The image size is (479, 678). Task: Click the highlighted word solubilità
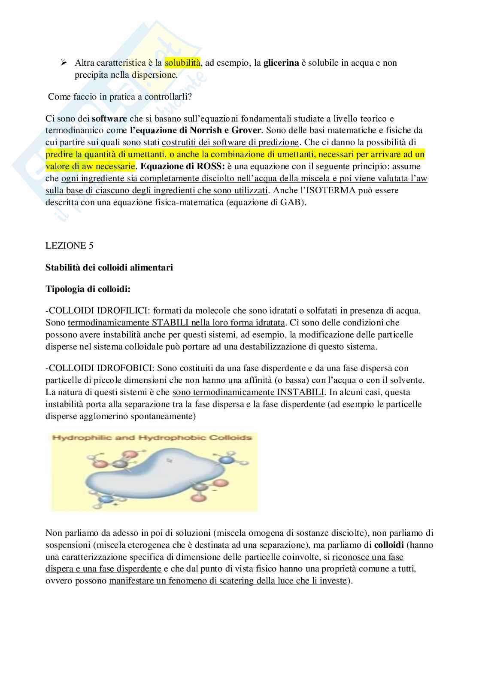pos(182,63)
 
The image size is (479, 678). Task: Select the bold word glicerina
pos(281,63)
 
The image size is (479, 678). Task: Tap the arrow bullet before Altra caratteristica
pos(64,63)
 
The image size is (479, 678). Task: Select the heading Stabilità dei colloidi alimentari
pos(109,268)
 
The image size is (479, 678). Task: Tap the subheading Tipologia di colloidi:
pos(88,289)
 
